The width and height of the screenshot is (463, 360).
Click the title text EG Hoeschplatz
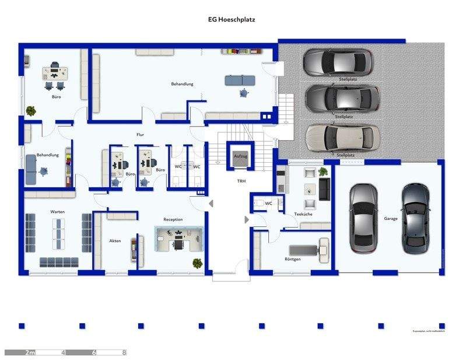point(232,19)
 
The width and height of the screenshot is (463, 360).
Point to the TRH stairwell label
point(241,181)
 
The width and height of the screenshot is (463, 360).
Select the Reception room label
point(173,219)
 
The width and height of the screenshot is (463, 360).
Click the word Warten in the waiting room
point(57,211)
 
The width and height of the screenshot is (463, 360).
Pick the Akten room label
point(115,240)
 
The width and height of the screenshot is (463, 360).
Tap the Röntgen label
point(293,258)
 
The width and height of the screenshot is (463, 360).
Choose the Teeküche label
point(303,214)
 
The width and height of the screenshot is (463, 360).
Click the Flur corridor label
point(140,135)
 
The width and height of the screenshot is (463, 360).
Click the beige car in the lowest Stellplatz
point(343,138)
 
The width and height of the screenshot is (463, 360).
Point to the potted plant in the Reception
point(197,263)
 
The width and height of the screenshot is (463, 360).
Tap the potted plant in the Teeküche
point(323,172)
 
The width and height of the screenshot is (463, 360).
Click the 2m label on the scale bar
point(30,352)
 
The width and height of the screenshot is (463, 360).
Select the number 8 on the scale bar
point(124,352)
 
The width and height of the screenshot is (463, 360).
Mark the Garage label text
point(391,218)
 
